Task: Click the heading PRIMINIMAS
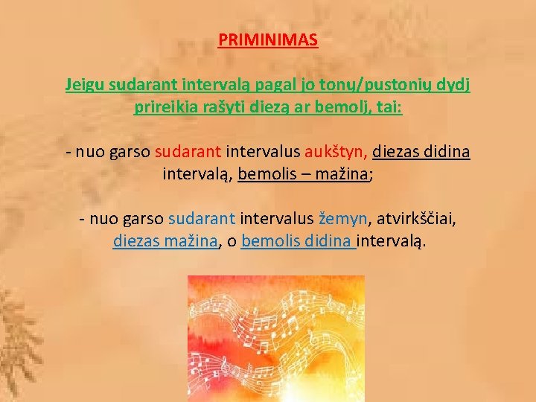click(268, 39)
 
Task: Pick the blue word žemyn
click(343, 220)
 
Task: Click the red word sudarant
click(188, 153)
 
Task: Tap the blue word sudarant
click(202, 220)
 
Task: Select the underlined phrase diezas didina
click(421, 153)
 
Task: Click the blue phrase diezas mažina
click(165, 242)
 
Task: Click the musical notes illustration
click(275, 339)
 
